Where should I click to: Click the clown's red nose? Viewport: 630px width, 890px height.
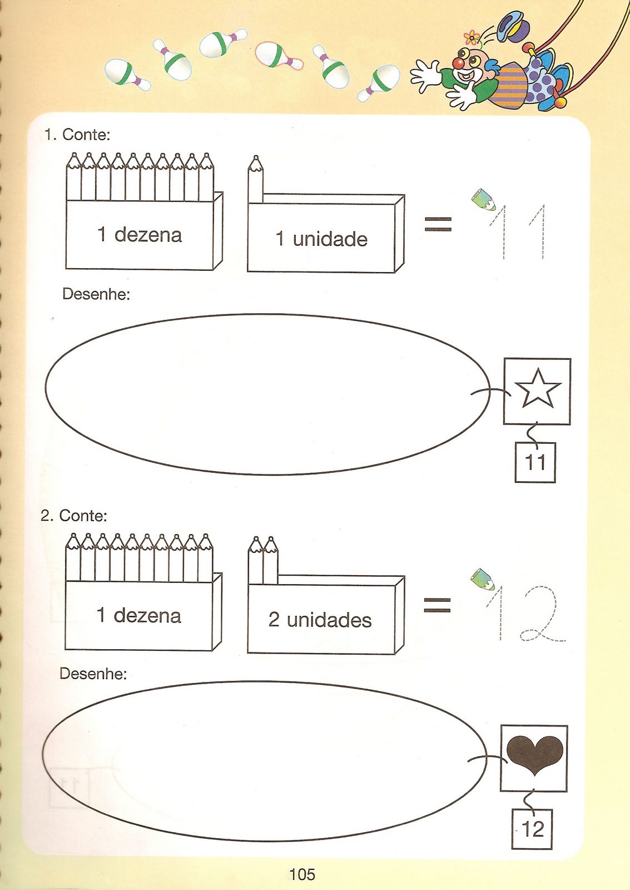point(459,63)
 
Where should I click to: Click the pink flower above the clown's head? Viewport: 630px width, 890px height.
point(472,38)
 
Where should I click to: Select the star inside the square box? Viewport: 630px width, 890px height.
point(538,389)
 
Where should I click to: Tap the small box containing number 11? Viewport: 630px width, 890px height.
point(535,462)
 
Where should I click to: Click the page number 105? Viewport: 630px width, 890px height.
point(302,874)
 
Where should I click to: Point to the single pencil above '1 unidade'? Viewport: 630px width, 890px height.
point(255,179)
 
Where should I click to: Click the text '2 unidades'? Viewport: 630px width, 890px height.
point(320,620)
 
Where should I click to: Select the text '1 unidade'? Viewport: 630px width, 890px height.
point(321,239)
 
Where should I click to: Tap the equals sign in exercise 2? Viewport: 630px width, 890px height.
point(438,605)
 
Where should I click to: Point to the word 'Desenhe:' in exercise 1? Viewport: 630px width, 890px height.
point(96,294)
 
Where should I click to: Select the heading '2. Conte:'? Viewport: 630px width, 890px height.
point(74,516)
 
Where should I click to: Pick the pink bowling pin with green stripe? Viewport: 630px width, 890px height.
point(279,56)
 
